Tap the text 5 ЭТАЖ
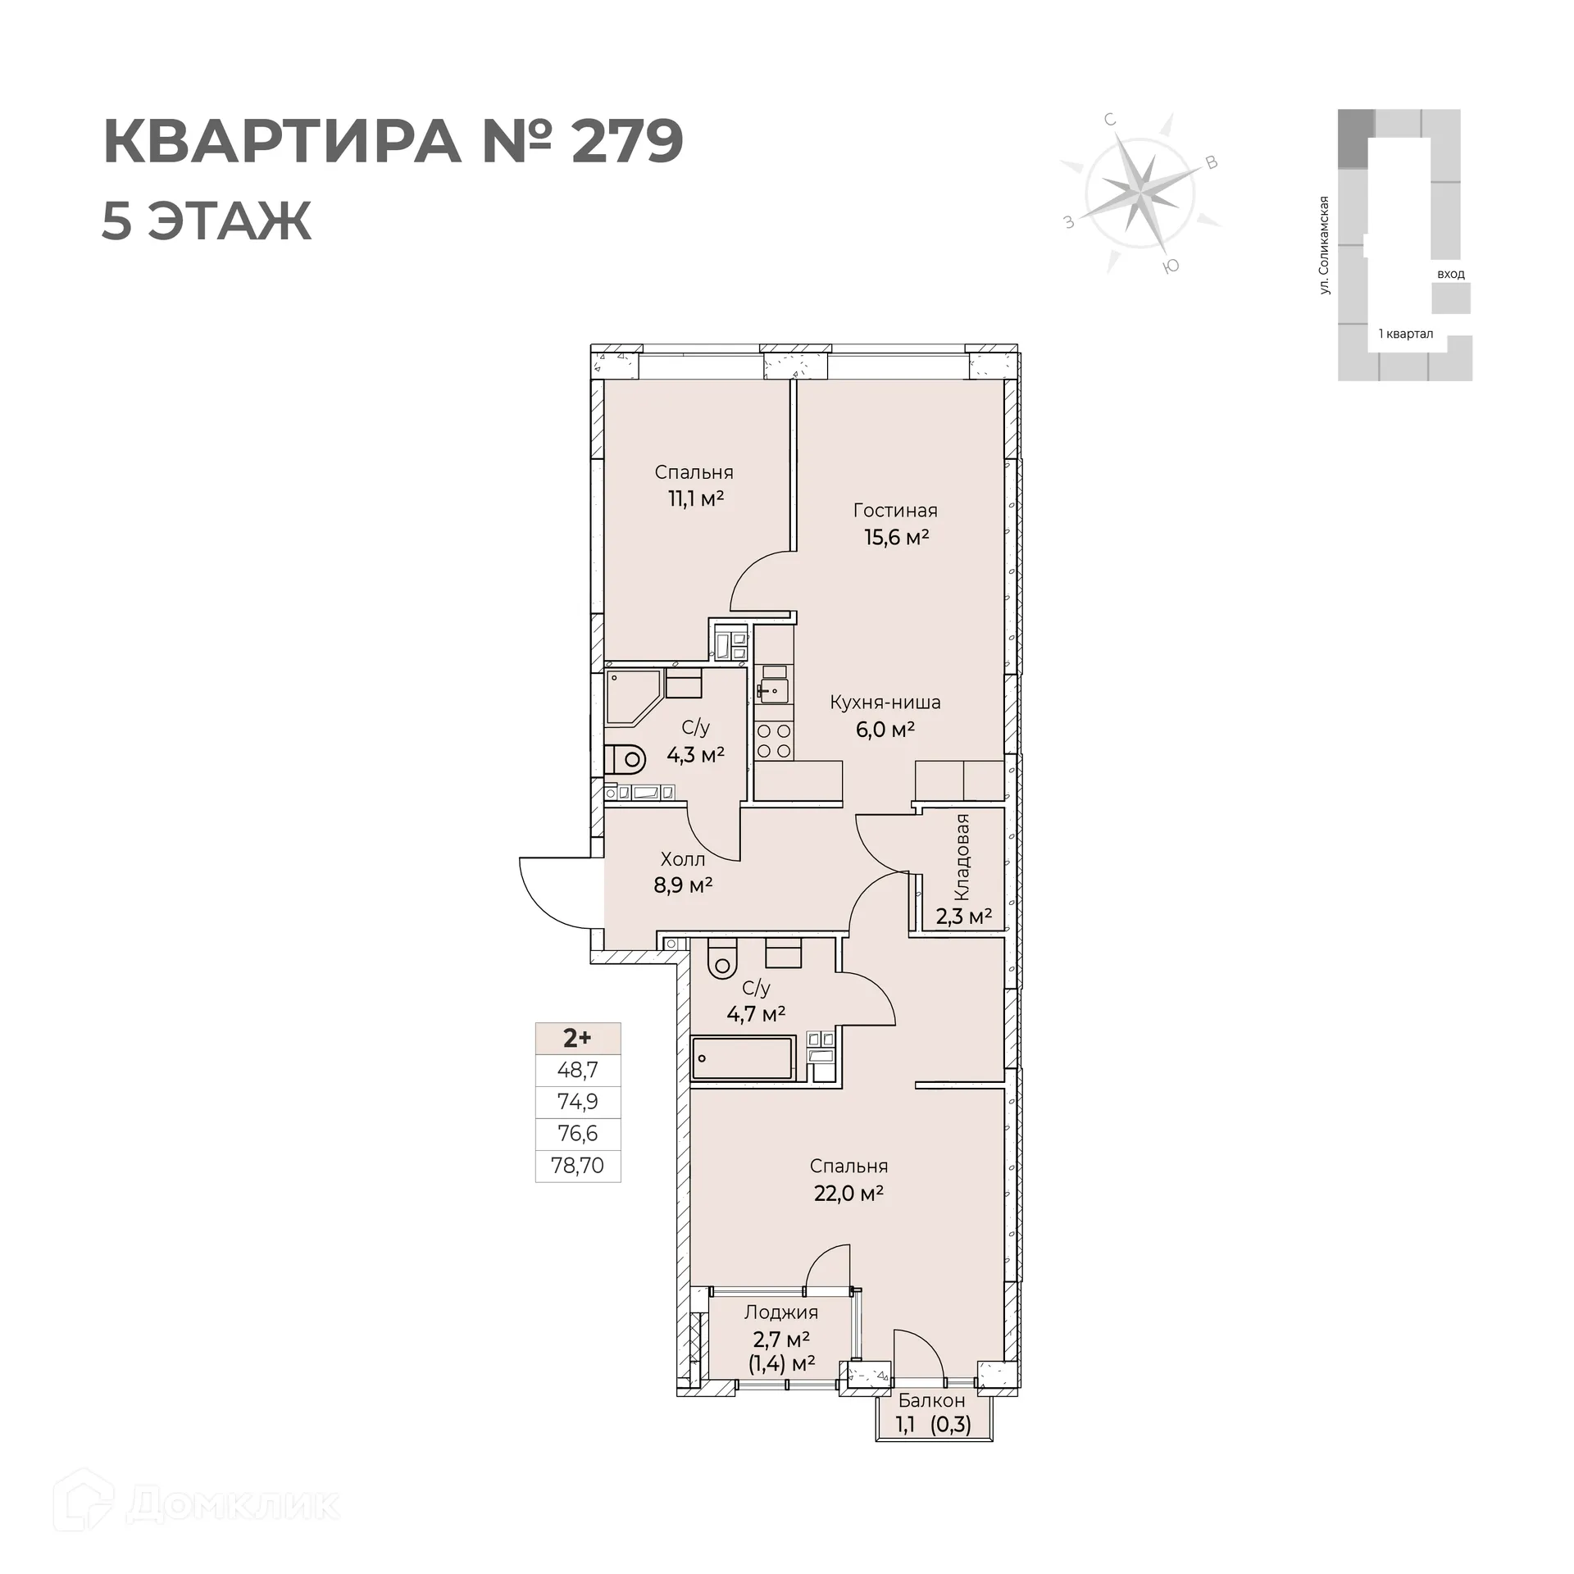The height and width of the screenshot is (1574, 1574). click(207, 221)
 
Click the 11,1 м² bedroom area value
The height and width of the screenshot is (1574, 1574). click(695, 498)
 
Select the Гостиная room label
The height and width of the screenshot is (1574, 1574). click(895, 511)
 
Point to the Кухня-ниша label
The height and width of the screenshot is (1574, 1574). click(885, 703)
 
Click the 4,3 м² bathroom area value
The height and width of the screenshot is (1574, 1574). click(695, 754)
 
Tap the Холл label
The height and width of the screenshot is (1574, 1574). click(683, 859)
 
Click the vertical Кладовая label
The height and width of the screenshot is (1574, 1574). click(962, 857)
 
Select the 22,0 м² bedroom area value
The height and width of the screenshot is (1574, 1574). click(848, 1193)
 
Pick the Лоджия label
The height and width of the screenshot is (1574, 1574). click(781, 1312)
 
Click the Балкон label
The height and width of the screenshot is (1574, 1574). click(931, 1401)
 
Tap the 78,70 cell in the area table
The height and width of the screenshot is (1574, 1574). click(578, 1166)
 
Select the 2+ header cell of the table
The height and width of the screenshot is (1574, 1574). click(578, 1038)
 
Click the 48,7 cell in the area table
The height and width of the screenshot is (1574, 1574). click(578, 1070)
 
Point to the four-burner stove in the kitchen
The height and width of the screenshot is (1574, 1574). click(774, 740)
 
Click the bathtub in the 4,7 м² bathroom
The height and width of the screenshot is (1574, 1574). click(743, 1058)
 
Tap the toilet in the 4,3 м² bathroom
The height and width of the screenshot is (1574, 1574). click(625, 760)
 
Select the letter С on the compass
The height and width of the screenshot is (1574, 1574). click(1111, 120)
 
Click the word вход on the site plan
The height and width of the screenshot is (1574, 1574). click(1451, 274)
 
